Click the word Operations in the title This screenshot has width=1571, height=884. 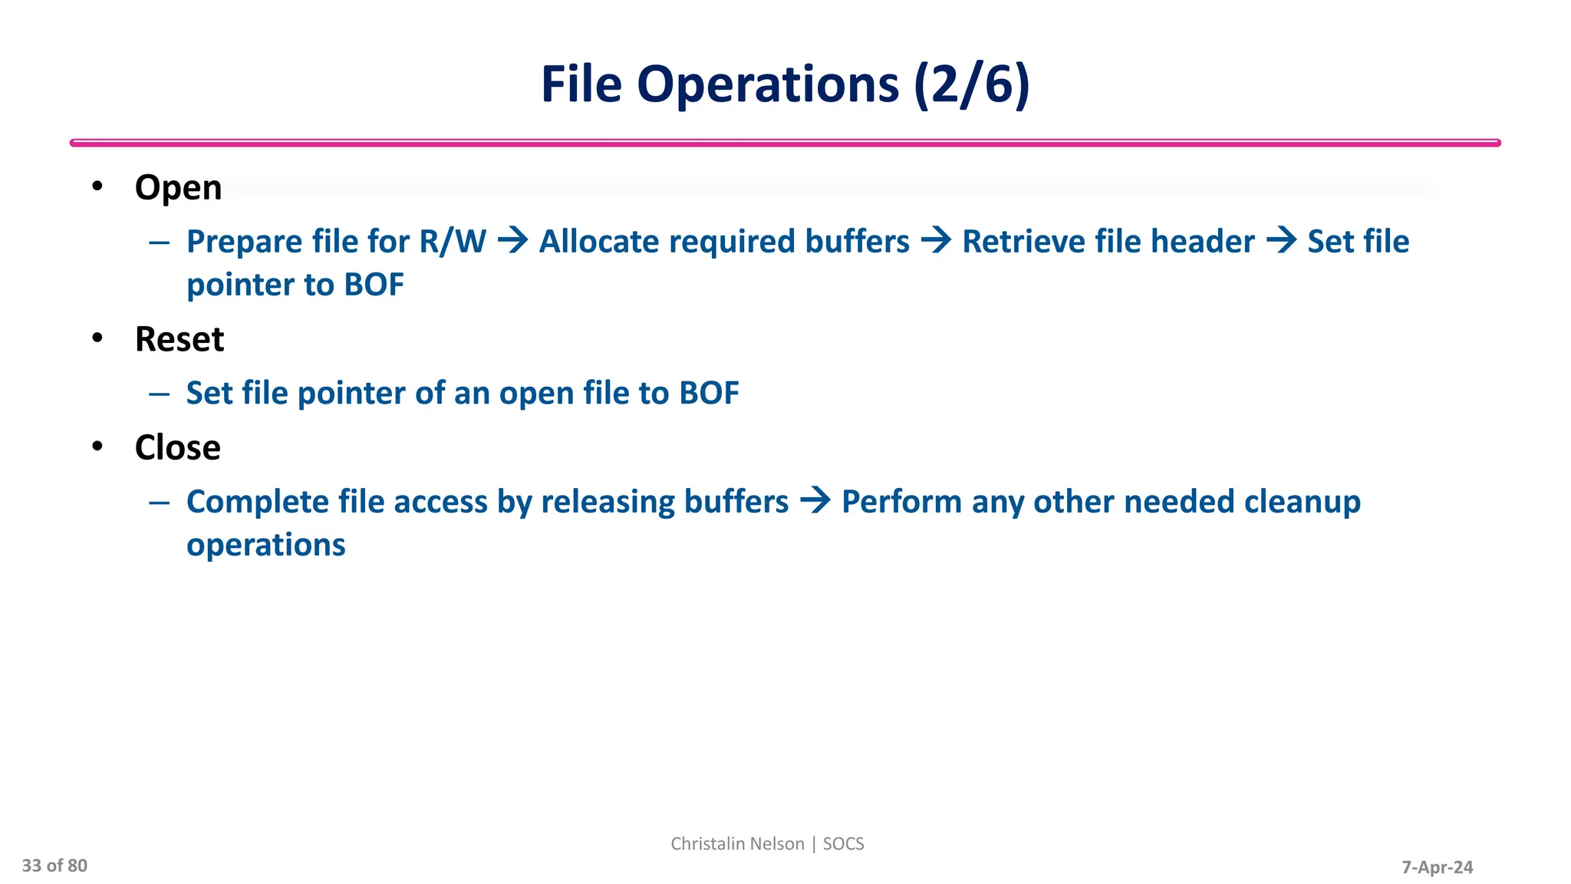(767, 84)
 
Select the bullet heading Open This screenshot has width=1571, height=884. (178, 188)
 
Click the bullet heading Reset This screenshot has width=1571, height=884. (179, 339)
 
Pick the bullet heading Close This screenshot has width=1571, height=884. (177, 447)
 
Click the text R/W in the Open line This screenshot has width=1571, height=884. (453, 242)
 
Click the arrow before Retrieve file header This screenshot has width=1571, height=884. (936, 241)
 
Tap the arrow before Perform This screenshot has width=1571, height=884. (815, 501)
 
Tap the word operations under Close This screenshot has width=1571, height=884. (266, 546)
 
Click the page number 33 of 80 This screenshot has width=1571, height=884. (54, 866)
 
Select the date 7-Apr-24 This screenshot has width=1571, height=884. (1437, 867)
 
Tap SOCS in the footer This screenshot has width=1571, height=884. (843, 843)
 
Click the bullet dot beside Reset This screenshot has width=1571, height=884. (97, 338)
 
